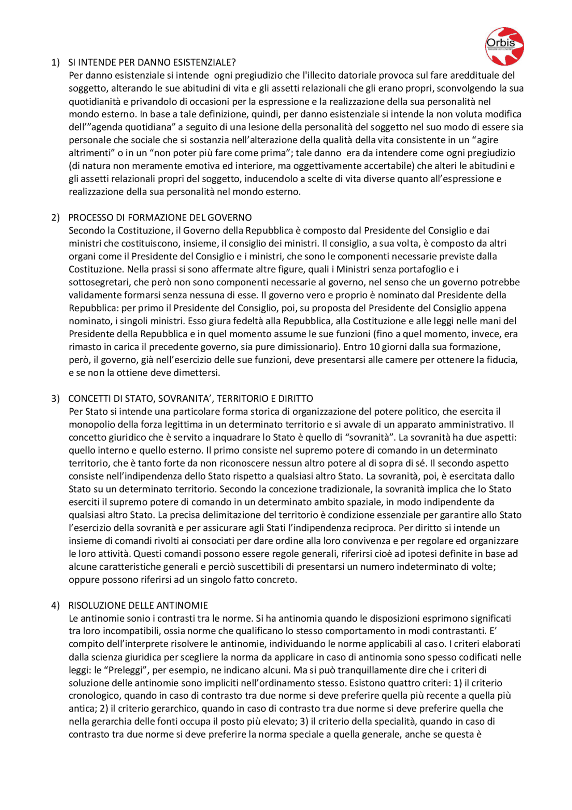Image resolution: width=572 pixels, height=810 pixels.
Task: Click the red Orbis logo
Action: point(505,46)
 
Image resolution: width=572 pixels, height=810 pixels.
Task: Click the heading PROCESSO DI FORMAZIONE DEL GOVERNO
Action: point(160,217)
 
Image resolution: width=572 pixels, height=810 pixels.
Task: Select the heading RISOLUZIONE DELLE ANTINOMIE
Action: point(138,605)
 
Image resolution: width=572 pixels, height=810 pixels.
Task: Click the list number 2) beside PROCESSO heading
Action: point(55,217)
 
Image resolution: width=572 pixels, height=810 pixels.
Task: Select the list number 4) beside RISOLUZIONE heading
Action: point(55,605)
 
